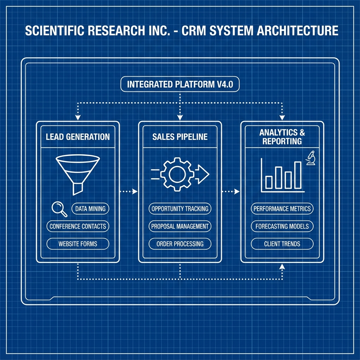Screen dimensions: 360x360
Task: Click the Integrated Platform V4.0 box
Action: (x=180, y=85)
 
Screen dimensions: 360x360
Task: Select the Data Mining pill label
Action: (x=90, y=208)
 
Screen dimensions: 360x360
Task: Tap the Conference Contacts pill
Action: (x=78, y=226)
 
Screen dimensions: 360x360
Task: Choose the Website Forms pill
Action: (x=78, y=244)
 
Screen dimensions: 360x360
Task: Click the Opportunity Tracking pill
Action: (x=180, y=208)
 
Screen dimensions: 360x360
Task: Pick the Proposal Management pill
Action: (x=180, y=226)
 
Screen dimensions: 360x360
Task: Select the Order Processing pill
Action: (x=180, y=244)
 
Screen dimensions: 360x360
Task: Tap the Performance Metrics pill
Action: (x=282, y=208)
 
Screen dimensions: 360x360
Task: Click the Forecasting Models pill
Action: (x=282, y=226)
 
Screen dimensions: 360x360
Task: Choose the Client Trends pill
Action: (x=282, y=244)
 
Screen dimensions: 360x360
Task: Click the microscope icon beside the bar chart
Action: (x=310, y=158)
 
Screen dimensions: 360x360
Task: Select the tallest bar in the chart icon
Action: (x=298, y=175)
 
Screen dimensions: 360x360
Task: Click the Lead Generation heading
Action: (x=78, y=137)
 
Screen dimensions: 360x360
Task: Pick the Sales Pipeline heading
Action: (x=180, y=137)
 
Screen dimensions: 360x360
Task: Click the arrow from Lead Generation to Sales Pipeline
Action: (x=129, y=192)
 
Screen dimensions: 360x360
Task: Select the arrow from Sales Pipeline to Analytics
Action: (x=231, y=192)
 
